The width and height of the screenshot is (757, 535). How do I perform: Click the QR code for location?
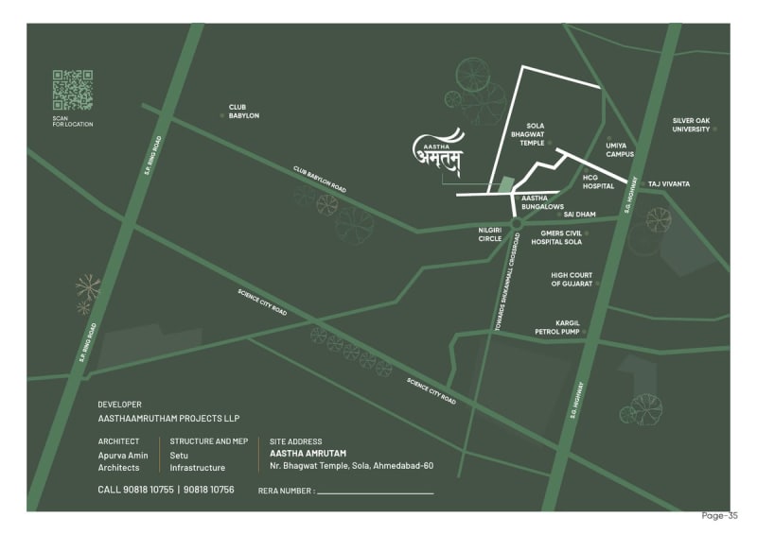point(72,90)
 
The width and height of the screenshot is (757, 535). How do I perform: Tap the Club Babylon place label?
point(243,112)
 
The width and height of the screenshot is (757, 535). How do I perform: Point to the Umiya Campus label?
point(620,149)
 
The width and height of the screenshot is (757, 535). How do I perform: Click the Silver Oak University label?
point(691,124)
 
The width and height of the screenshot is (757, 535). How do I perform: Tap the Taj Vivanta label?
point(669,182)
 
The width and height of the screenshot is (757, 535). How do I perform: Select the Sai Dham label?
point(579,215)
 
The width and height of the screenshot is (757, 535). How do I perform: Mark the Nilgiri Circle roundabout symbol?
point(516,224)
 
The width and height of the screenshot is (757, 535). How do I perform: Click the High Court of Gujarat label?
point(572,279)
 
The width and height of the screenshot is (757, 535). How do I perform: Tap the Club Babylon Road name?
point(319,180)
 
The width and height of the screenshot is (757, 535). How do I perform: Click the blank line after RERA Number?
point(375,492)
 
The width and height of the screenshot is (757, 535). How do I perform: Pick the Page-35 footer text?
point(719,516)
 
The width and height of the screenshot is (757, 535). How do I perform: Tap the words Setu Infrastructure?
point(197,461)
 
